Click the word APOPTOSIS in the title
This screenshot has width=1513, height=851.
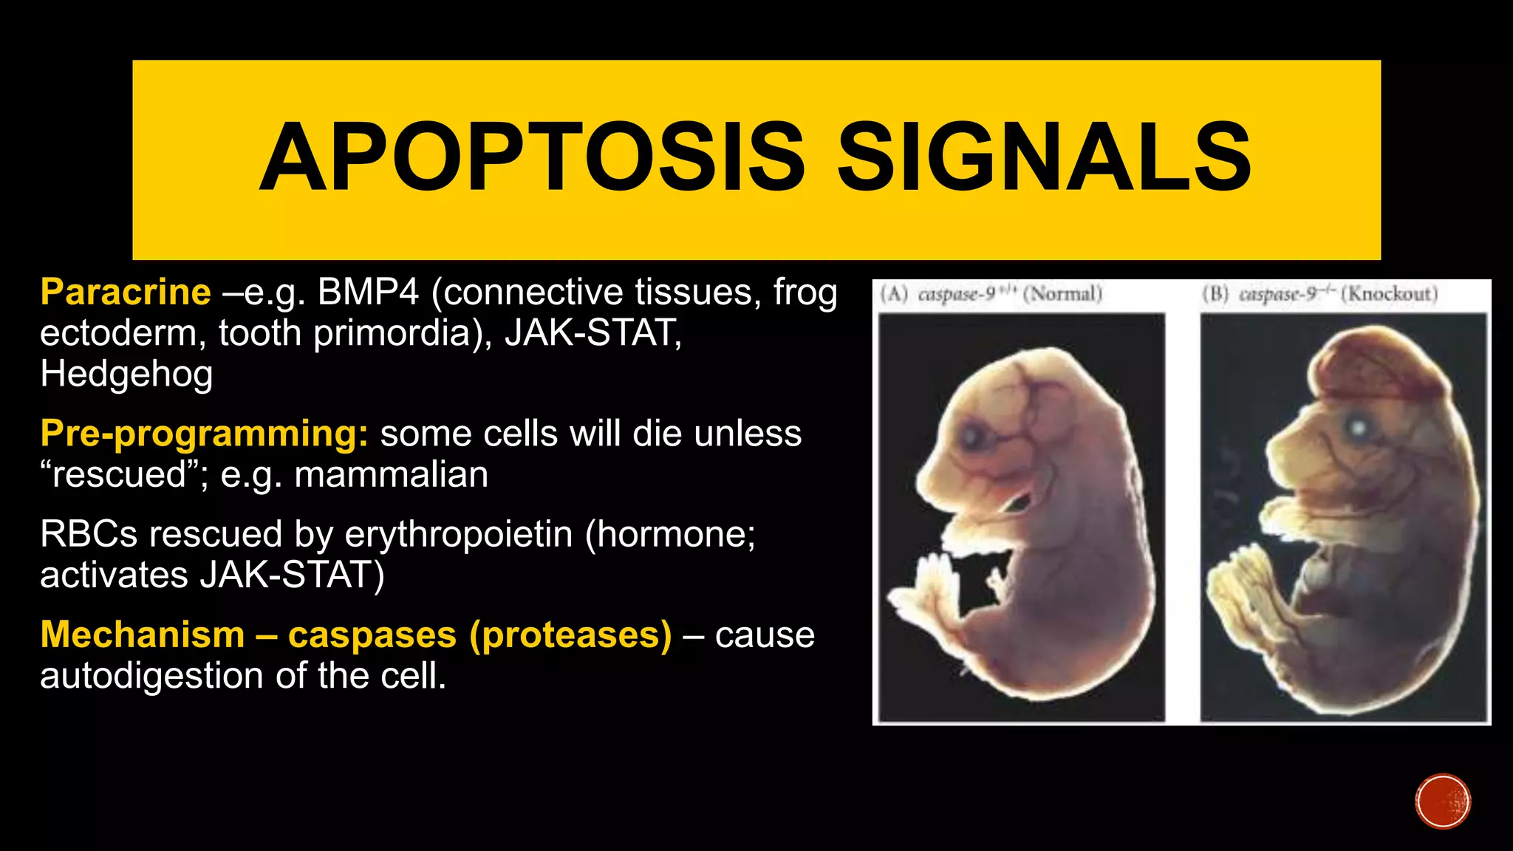point(532,157)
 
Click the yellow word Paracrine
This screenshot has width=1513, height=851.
point(126,293)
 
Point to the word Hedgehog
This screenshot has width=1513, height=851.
point(126,374)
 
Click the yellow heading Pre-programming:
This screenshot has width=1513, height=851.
point(204,434)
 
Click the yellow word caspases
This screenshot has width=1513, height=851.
point(372,635)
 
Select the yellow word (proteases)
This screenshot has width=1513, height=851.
point(570,635)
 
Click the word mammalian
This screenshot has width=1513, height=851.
point(391,474)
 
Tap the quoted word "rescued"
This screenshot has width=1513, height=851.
point(119,474)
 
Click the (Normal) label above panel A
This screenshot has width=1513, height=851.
point(1062,294)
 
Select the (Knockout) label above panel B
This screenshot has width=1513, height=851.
point(1389,294)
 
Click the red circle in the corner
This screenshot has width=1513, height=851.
point(1442,802)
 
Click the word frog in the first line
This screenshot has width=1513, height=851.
point(805,293)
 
